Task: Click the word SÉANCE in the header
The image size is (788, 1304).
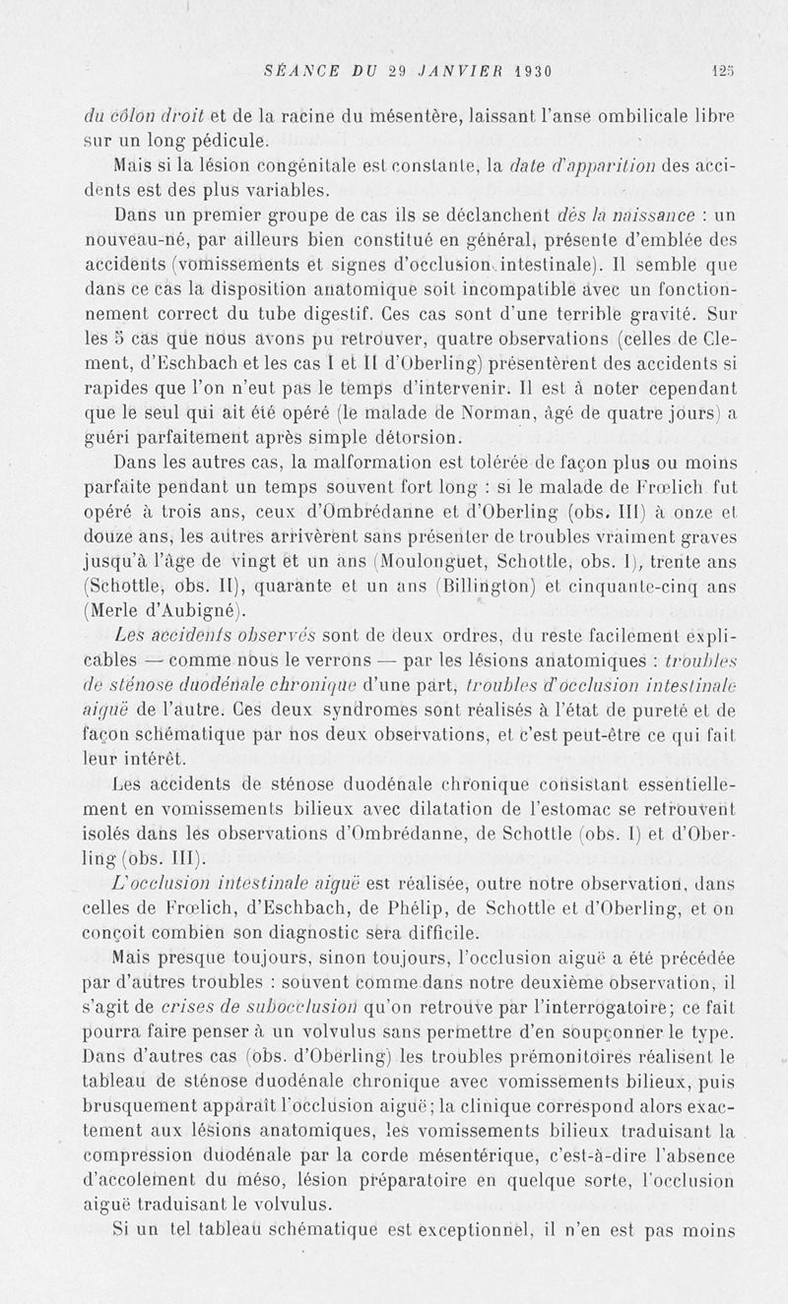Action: (301, 71)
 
